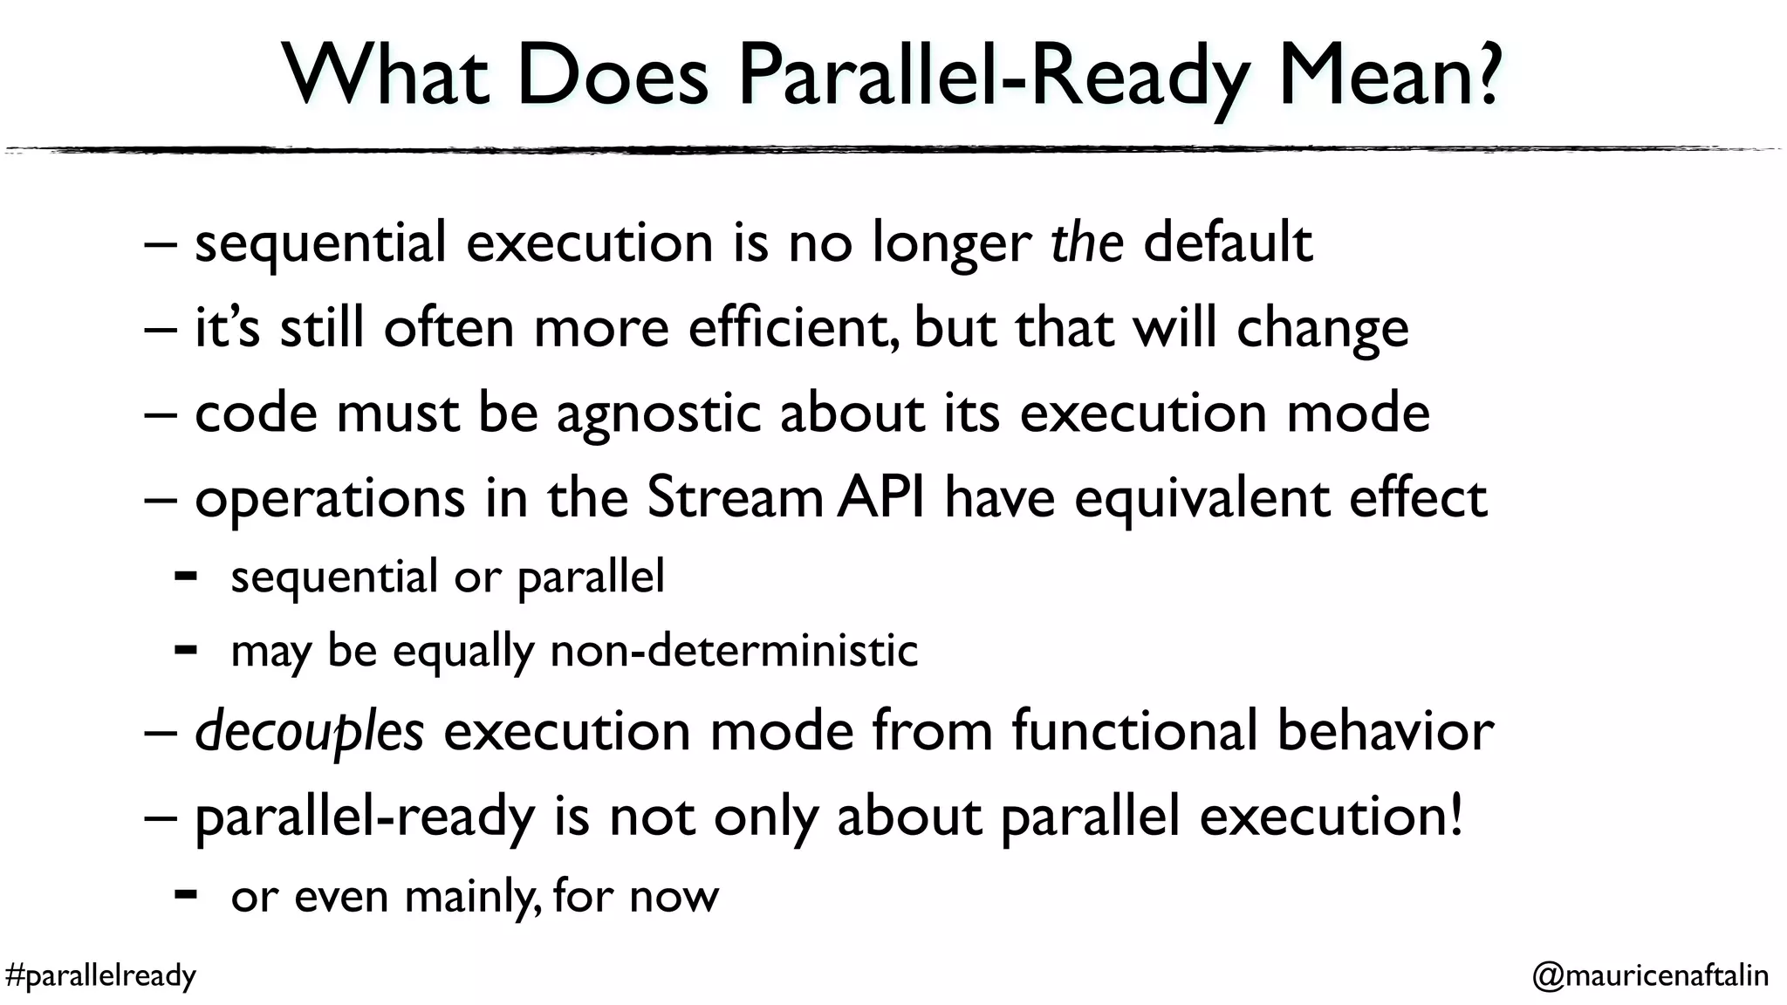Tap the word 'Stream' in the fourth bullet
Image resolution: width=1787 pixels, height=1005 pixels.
(x=735, y=498)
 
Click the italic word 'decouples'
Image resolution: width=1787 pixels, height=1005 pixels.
(x=309, y=732)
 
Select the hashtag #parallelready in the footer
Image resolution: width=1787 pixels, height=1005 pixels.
(x=100, y=974)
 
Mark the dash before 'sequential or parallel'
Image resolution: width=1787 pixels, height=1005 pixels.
(x=185, y=576)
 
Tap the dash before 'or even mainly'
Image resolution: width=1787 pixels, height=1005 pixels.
(x=185, y=894)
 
